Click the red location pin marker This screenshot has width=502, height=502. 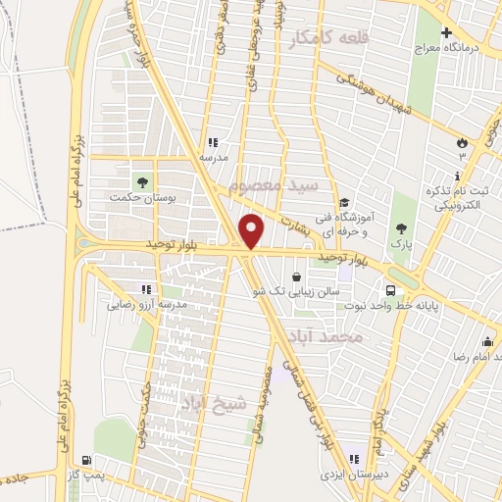253,231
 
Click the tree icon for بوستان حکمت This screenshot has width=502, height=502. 143,181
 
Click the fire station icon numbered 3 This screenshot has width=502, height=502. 462,142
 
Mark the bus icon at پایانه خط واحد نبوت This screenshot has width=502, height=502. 390,290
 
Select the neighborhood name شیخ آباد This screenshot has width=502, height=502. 206,401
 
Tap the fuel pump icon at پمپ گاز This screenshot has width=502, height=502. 89,461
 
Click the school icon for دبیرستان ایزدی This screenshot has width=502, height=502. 354,459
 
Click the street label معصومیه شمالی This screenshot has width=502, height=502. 264,398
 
